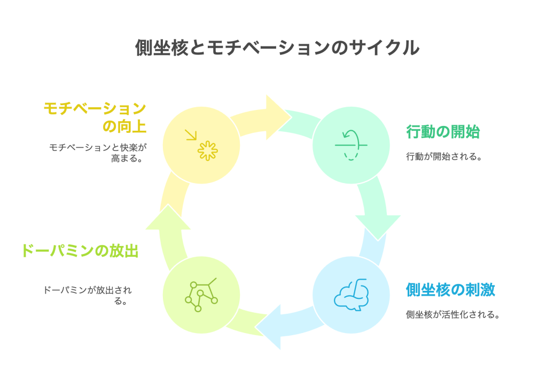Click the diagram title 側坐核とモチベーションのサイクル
[x=277, y=48]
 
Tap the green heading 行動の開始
[x=442, y=132]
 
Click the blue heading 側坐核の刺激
[x=450, y=290]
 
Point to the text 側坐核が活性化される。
[x=453, y=314]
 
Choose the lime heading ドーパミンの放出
[x=80, y=251]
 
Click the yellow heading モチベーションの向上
[x=95, y=117]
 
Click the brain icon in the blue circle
[x=351, y=294]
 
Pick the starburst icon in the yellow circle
[x=207, y=151]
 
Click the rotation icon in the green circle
[x=351, y=145]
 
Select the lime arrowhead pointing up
[x=168, y=219]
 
